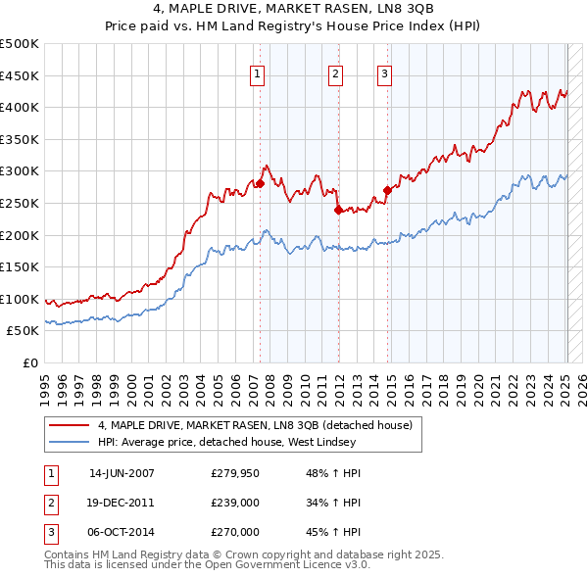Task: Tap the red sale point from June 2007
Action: [261, 183]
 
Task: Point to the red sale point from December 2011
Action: [338, 209]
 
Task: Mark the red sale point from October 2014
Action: [387, 190]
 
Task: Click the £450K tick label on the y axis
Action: [19, 75]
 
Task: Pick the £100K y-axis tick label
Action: [19, 299]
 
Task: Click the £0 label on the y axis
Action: [29, 362]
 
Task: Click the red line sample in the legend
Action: [69, 424]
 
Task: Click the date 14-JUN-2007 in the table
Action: [122, 473]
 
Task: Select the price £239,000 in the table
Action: [235, 503]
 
